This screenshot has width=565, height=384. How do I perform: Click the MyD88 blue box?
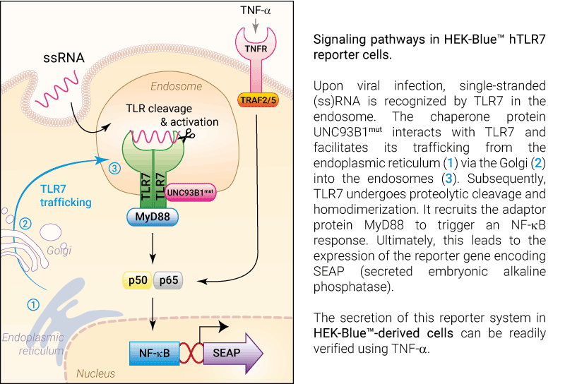click(153, 217)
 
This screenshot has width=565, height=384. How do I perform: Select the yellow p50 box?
click(138, 280)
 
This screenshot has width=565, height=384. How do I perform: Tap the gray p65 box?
click(168, 280)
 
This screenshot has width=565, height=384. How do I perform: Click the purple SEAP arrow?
click(233, 353)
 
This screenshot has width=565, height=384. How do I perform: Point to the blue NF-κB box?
click(154, 353)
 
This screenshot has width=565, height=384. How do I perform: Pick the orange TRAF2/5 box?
click(258, 100)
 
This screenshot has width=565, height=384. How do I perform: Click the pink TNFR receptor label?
click(256, 49)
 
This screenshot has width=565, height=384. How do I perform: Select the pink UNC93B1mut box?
click(190, 193)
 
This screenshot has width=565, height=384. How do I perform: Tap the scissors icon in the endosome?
click(188, 136)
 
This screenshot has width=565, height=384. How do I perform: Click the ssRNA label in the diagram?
click(64, 58)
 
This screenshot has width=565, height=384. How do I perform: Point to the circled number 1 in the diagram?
click(33, 305)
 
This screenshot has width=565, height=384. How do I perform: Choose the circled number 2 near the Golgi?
click(25, 224)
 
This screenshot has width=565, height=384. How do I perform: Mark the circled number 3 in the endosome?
click(114, 168)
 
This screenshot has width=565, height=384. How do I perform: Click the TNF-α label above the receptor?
click(256, 11)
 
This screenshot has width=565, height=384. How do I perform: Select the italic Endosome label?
click(176, 86)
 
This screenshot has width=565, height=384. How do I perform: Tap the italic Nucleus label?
click(95, 373)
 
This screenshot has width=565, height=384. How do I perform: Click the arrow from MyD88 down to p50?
click(153, 248)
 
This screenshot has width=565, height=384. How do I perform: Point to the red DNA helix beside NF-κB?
click(191, 353)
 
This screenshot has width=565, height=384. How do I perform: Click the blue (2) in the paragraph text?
click(538, 163)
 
